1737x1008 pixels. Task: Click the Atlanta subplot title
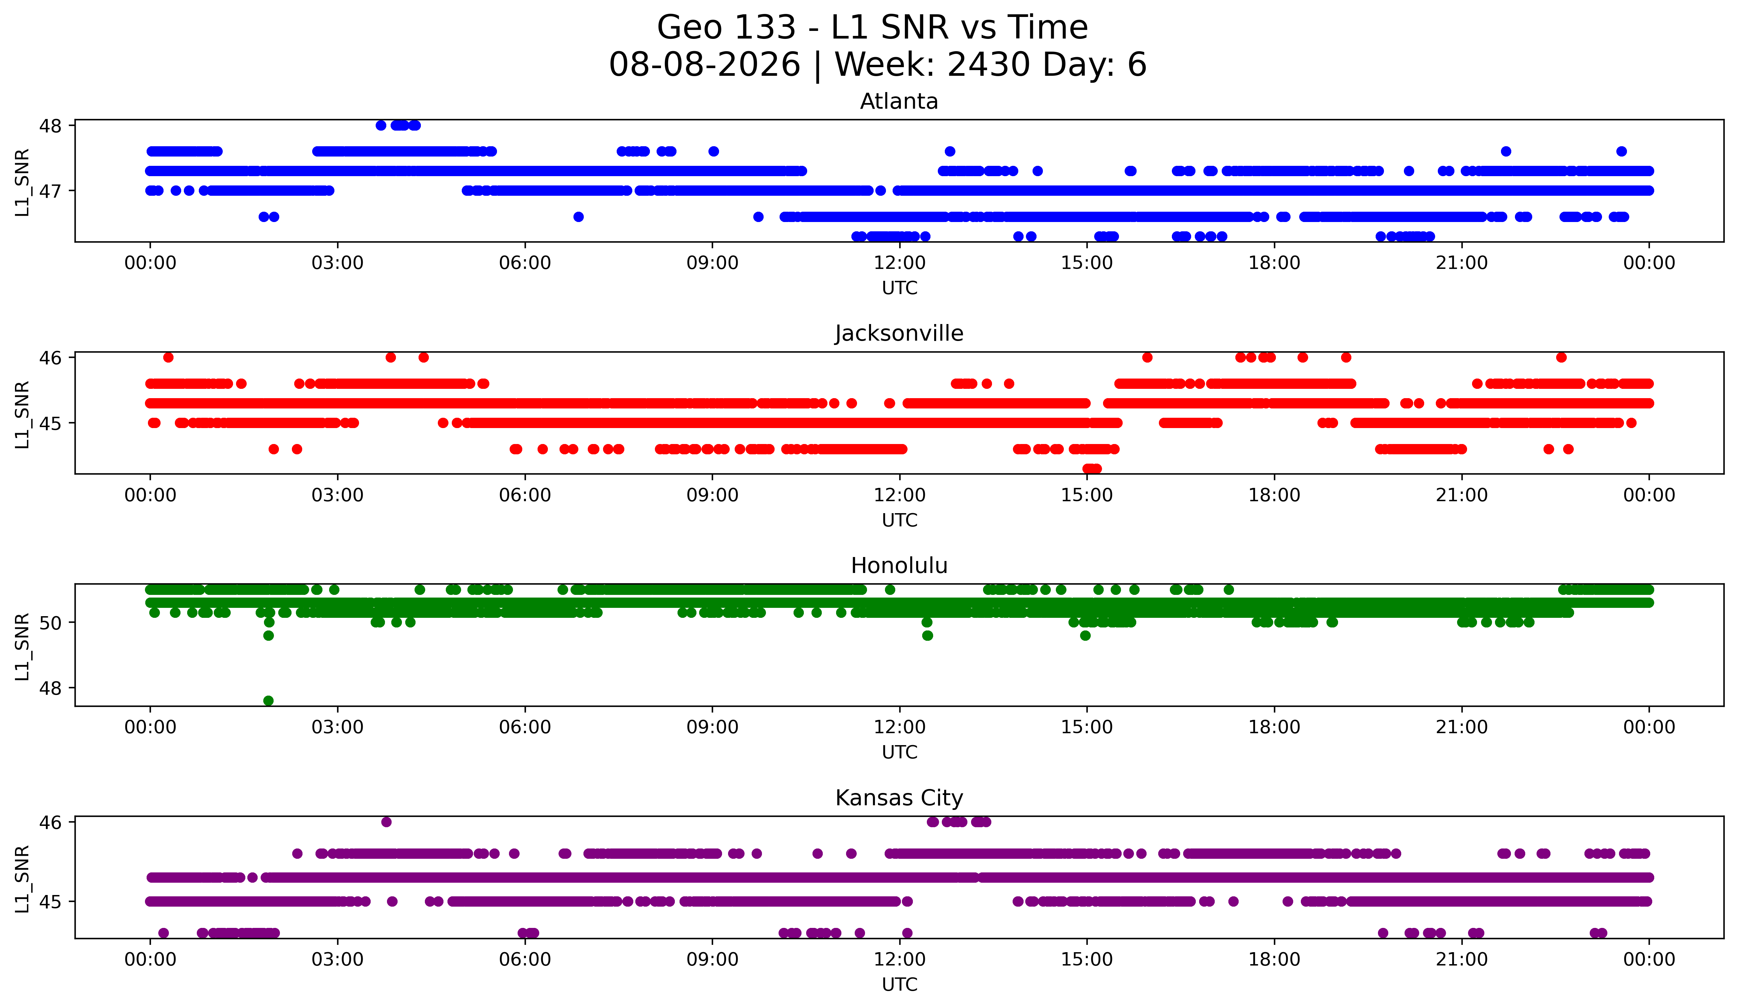pos(899,101)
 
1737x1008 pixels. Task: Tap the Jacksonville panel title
pos(899,333)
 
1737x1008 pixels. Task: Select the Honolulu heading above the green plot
pos(899,566)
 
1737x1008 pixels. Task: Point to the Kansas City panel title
pos(899,798)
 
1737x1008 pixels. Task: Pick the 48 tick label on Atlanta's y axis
pos(50,125)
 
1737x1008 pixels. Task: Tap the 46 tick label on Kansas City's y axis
pos(50,822)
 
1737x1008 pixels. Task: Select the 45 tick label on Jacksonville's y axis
pos(50,423)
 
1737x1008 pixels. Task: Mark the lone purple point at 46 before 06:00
pos(386,822)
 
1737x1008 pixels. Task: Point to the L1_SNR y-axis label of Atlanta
pos(22,182)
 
